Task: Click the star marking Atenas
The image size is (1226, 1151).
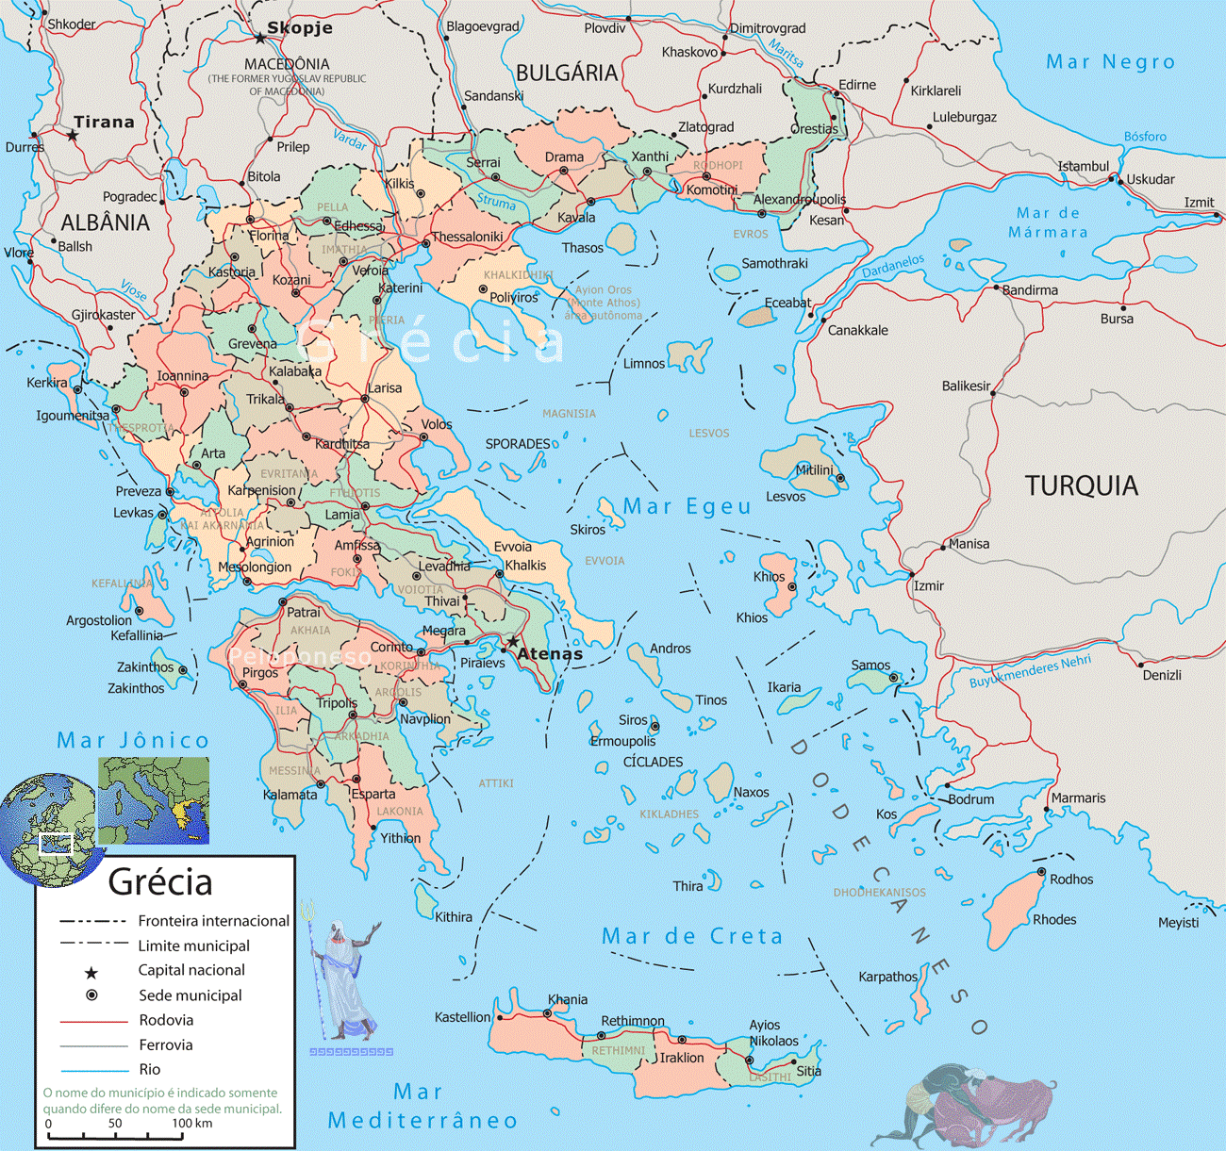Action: click(x=512, y=642)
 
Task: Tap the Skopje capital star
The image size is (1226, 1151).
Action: click(x=260, y=39)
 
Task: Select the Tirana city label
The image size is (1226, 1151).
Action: click(x=104, y=122)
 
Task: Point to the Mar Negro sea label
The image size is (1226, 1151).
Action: click(x=1110, y=62)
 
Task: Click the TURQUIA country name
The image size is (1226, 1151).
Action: click(x=1081, y=485)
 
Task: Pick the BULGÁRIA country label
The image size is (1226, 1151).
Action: click(x=567, y=74)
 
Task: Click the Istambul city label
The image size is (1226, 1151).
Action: click(x=1083, y=166)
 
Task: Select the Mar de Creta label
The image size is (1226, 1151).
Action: click(x=692, y=936)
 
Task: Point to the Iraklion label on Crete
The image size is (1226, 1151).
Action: click(x=681, y=1058)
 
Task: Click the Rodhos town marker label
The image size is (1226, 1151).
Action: click(x=1071, y=879)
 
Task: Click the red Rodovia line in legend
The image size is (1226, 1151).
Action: click(x=93, y=1021)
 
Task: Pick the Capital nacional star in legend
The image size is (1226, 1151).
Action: click(x=91, y=972)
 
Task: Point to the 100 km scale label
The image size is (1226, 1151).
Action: click(x=191, y=1123)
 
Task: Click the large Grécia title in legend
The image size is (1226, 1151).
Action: click(x=160, y=882)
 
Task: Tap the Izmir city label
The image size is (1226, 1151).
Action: click(x=928, y=585)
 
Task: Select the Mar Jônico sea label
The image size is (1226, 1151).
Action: click(x=133, y=741)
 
